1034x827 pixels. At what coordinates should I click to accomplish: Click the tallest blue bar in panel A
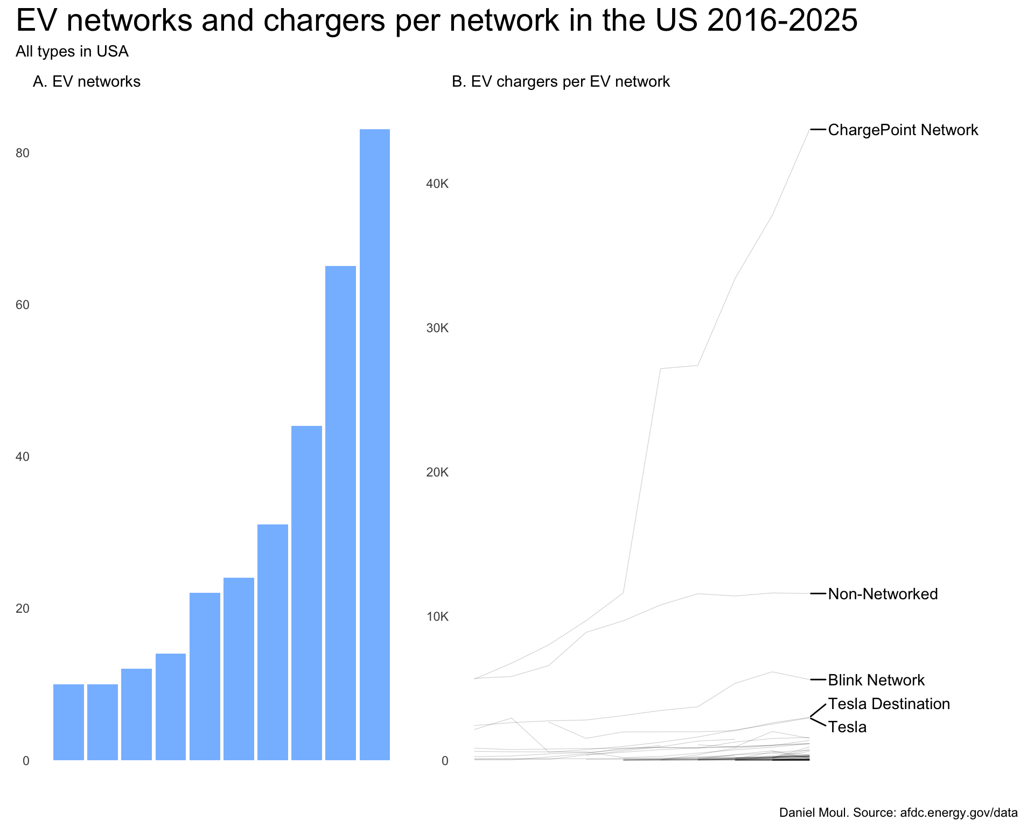click(x=375, y=445)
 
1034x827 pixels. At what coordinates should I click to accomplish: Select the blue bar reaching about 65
click(x=340, y=513)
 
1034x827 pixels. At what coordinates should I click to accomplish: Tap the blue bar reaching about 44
click(x=306, y=593)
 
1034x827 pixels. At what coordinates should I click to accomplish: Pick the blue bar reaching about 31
click(x=273, y=642)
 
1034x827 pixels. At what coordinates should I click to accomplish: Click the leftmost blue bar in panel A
click(x=68, y=722)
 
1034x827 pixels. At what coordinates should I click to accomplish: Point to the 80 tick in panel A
click(x=23, y=153)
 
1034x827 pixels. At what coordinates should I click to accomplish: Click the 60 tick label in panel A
click(x=23, y=305)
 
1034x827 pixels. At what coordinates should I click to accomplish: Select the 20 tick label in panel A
click(x=23, y=609)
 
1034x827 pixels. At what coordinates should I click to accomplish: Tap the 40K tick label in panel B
click(x=437, y=184)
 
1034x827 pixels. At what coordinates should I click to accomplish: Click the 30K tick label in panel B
click(x=437, y=328)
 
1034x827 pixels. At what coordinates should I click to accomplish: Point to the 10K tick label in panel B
click(x=437, y=617)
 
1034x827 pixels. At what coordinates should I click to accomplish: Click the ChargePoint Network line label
click(x=903, y=130)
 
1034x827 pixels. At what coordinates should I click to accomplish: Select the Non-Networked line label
click(x=883, y=594)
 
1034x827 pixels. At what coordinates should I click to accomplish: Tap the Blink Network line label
click(x=876, y=681)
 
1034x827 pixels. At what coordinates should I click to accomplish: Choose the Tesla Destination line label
click(x=889, y=704)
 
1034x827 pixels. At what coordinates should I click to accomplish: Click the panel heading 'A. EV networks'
click(x=87, y=82)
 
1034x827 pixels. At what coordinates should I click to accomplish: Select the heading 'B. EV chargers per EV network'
click(x=561, y=82)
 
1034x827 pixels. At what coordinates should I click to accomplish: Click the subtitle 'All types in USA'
click(x=72, y=52)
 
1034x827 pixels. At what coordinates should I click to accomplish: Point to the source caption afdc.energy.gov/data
click(x=959, y=813)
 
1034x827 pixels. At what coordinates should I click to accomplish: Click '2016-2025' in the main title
click(x=782, y=20)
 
